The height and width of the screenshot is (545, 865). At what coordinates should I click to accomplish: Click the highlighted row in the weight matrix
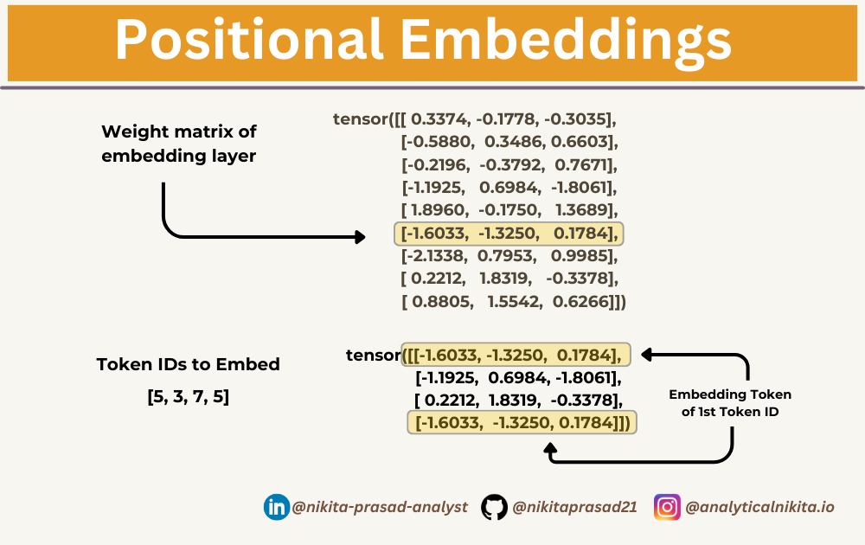[509, 234]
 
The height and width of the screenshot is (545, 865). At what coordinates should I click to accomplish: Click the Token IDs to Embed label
[188, 364]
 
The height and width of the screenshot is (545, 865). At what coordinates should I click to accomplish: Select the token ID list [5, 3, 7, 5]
[188, 399]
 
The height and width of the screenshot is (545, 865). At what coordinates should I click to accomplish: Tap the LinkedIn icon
[276, 507]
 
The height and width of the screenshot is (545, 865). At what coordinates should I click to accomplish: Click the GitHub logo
[494, 507]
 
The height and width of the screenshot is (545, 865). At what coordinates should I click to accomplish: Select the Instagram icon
[667, 507]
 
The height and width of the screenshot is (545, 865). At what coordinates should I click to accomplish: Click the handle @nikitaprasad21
[574, 507]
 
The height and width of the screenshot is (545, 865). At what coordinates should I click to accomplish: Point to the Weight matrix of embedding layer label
[179, 144]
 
